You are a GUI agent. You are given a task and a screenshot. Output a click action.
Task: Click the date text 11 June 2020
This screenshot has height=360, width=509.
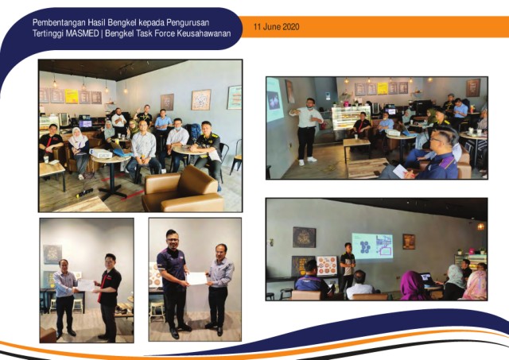point(276,26)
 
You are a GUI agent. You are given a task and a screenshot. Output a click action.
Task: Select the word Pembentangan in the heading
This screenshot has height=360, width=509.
point(60,23)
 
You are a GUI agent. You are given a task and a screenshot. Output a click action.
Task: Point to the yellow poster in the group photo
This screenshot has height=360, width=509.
point(72,96)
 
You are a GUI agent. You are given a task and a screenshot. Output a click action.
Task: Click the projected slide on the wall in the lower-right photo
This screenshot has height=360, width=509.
point(372,246)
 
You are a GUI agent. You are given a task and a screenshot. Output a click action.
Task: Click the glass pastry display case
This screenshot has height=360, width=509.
point(351,118)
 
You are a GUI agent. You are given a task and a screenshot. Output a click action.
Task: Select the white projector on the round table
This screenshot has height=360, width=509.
point(101,153)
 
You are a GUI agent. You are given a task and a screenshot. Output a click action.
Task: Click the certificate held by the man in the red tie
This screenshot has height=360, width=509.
point(86,285)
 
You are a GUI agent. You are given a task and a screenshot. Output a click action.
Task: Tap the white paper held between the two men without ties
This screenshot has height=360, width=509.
point(196,278)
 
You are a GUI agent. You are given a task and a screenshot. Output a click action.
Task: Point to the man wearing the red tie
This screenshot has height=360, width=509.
point(109,296)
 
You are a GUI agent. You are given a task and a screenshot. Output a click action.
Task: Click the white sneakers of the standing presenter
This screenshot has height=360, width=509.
point(307,161)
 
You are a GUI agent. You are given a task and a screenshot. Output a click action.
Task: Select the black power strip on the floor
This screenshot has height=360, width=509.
point(84,192)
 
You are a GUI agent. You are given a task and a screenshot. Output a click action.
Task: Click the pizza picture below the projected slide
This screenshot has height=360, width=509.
point(327,265)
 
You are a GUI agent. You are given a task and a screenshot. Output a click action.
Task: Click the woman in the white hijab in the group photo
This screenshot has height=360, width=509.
point(79,153)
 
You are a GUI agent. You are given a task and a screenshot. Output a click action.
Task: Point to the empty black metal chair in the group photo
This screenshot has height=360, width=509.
point(236,157)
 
